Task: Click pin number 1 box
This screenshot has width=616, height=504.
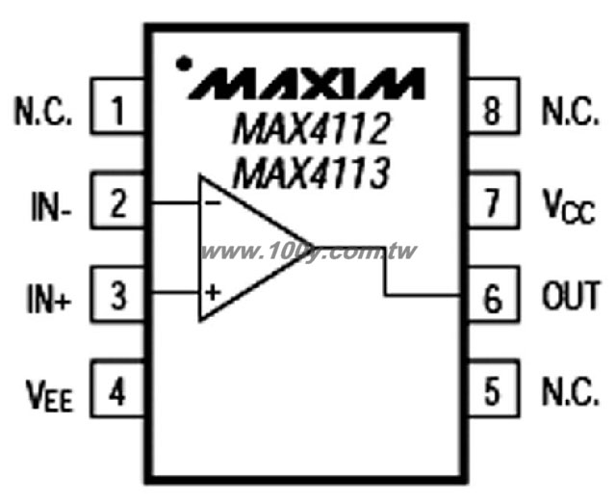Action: (117, 106)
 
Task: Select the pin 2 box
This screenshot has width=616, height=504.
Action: (117, 200)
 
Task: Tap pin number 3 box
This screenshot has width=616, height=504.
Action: (117, 294)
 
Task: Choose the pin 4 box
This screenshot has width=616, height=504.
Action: (117, 388)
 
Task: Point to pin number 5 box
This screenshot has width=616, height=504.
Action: (493, 388)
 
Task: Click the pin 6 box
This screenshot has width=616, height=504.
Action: (493, 294)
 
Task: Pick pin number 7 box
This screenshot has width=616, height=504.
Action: (493, 200)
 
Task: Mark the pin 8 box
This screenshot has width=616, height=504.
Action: (493, 106)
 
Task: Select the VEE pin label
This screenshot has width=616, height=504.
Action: (49, 395)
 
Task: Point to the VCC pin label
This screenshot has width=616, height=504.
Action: (569, 206)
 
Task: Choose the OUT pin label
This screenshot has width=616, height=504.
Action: (571, 295)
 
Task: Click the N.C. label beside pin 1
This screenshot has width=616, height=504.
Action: (43, 111)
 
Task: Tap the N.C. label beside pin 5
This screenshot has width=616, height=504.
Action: (571, 391)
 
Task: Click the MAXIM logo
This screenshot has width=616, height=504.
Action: (307, 84)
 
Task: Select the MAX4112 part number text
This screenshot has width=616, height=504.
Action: (311, 128)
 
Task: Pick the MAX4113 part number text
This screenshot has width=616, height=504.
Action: (311, 172)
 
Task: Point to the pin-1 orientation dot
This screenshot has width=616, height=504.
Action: (184, 64)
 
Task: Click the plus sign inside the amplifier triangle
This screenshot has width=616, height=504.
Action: (213, 293)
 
